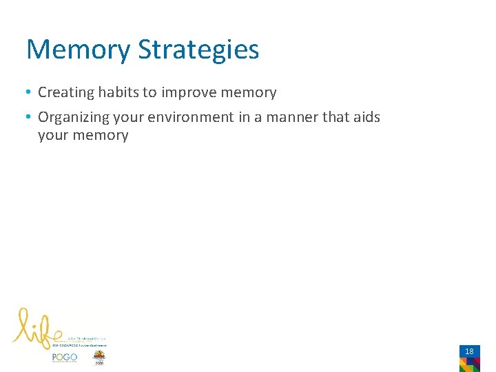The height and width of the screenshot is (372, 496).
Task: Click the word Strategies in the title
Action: pyautogui.click(x=199, y=50)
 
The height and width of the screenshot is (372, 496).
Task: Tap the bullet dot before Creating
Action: pyautogui.click(x=30, y=93)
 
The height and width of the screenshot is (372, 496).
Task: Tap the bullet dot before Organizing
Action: pyautogui.click(x=30, y=118)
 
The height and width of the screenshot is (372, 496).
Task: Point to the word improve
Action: pyautogui.click(x=187, y=93)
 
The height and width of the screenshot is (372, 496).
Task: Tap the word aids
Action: pyautogui.click(x=366, y=117)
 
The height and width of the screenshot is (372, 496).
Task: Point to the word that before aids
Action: pyautogui.click(x=335, y=117)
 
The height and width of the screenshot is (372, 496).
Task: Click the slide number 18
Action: pyautogui.click(x=469, y=351)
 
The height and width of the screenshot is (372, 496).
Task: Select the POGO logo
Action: pyautogui.click(x=64, y=357)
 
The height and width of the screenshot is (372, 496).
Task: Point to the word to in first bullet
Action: pyautogui.click(x=149, y=93)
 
